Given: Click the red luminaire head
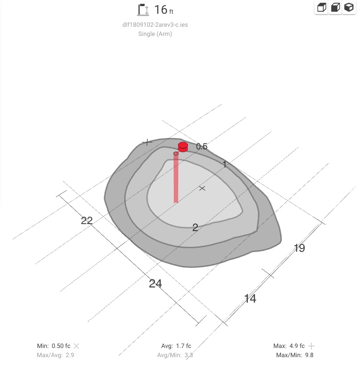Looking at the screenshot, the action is [183, 147].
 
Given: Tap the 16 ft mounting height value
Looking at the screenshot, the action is [164, 10].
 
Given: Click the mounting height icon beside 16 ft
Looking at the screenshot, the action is [143, 10].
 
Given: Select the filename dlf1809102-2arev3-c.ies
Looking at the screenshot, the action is [155, 25].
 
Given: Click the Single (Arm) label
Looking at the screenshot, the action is [155, 34].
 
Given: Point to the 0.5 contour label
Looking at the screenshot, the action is [202, 146].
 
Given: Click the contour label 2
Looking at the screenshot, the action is [195, 228].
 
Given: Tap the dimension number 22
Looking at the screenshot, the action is [86, 221].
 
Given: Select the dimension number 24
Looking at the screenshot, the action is [155, 284].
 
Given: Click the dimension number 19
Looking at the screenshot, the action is [300, 248].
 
